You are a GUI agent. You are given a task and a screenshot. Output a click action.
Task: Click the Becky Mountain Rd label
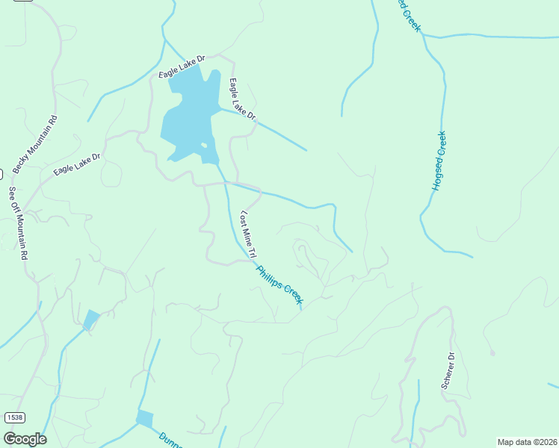[x=34, y=145]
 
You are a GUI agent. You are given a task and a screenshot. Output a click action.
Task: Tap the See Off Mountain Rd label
[x=18, y=223]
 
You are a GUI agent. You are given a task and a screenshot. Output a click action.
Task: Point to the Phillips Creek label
[x=279, y=284]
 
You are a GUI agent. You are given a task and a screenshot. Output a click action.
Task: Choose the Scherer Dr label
[x=448, y=371]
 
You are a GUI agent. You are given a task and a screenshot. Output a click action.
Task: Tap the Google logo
[x=25, y=438]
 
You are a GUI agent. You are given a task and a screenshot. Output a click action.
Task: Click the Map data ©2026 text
[x=527, y=442]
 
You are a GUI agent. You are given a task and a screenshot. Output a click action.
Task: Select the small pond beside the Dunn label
[x=144, y=419]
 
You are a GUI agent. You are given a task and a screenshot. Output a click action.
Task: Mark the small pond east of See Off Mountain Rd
[x=90, y=320]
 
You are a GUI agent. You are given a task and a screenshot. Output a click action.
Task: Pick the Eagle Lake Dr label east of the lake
[x=243, y=100]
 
